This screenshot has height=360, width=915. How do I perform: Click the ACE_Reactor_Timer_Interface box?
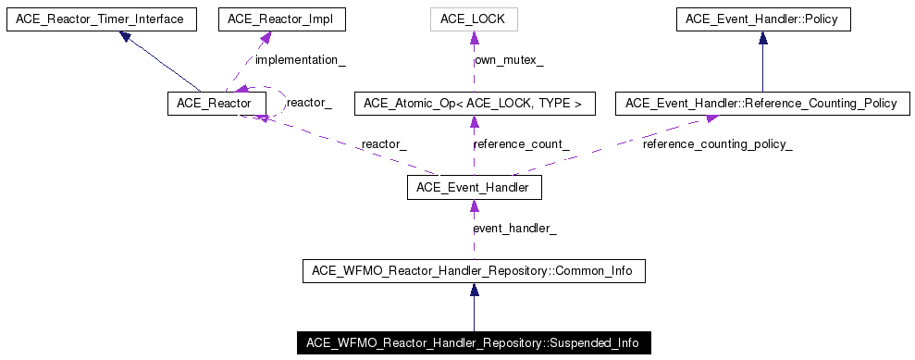click(x=101, y=19)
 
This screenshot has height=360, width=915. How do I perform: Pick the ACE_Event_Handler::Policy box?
click(x=762, y=19)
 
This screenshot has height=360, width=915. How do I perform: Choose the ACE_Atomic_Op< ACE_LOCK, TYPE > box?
click(x=474, y=104)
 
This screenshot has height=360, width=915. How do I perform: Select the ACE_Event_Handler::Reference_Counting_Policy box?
click(x=760, y=104)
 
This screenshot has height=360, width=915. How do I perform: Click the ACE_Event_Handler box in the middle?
click(x=474, y=188)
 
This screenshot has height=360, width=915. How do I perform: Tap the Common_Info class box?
click(x=474, y=271)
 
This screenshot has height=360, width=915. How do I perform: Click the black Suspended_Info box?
click(x=474, y=342)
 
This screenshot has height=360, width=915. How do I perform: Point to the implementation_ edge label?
click(x=300, y=60)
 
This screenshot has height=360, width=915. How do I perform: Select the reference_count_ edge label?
click(x=520, y=144)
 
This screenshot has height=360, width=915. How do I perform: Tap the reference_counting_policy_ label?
click(x=717, y=144)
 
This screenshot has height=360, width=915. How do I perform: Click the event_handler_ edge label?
click(x=514, y=229)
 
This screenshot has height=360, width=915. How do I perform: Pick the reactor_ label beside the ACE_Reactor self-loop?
click(x=309, y=103)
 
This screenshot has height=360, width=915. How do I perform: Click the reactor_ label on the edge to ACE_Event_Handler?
click(x=384, y=144)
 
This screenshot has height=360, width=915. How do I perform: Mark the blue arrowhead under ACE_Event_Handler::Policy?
click(x=762, y=38)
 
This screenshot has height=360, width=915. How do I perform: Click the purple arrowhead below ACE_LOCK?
click(x=474, y=39)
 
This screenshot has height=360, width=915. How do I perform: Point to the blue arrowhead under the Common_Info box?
click(x=474, y=291)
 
